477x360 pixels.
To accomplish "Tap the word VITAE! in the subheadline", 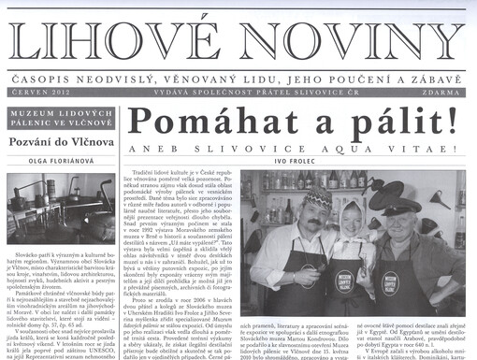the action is click(413, 148).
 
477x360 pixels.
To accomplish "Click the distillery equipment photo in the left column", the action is click(60, 206).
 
